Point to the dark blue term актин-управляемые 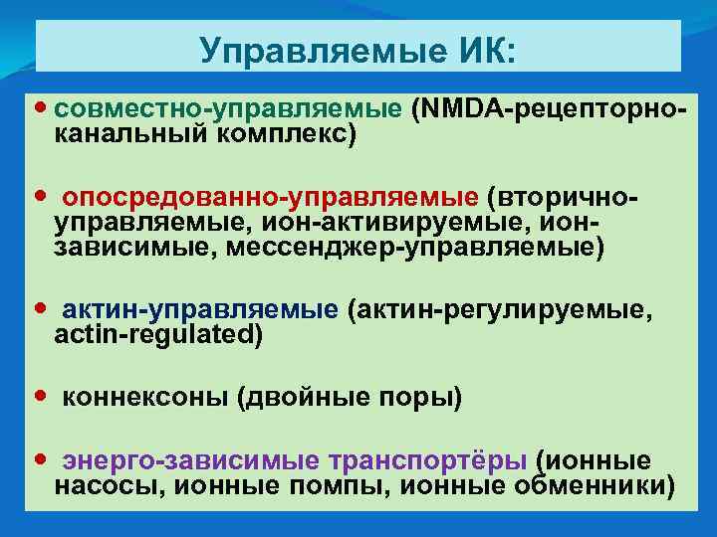[x=200, y=310]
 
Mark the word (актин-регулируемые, [x=502, y=310]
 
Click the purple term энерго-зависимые [x=191, y=460]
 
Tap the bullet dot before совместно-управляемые [x=41, y=104]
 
